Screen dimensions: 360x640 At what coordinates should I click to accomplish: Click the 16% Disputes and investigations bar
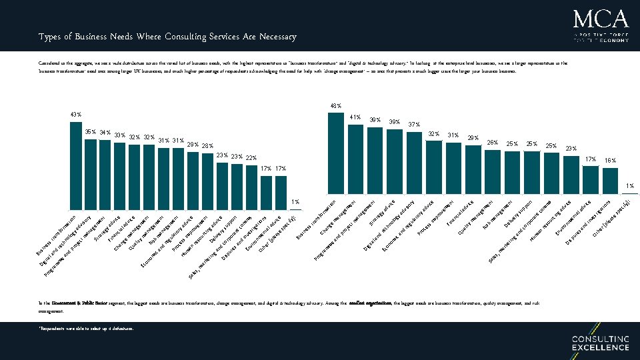[610, 179]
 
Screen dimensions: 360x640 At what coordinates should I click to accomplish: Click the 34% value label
[105, 133]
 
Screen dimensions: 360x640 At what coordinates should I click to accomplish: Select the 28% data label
[207, 146]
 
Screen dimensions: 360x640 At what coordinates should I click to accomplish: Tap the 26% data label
[493, 142]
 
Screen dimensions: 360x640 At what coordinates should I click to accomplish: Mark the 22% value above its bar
[251, 158]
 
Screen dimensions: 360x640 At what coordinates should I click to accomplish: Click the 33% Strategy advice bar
[120, 173]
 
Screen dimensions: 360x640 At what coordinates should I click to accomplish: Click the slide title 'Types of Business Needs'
[167, 37]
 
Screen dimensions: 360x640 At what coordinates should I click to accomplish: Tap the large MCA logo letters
[601, 18]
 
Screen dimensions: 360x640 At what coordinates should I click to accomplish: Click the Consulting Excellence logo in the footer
[600, 343]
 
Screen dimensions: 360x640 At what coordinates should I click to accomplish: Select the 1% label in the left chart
[295, 201]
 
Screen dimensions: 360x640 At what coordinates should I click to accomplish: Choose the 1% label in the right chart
[629, 185]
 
